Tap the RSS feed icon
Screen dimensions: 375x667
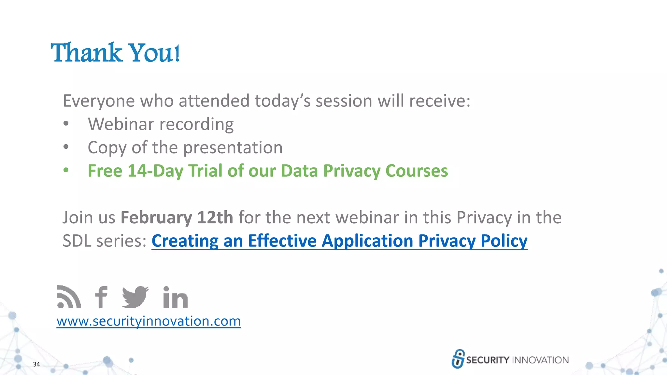click(x=68, y=297)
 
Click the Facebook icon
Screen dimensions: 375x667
click(x=101, y=297)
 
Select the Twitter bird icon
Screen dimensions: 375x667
click(x=135, y=297)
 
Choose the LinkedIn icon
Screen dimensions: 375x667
click(x=175, y=297)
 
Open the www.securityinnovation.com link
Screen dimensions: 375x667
click(x=149, y=321)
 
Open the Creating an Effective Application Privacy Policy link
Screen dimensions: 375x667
click(x=339, y=241)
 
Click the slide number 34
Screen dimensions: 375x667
click(x=36, y=364)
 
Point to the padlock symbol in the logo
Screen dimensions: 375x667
click(x=458, y=359)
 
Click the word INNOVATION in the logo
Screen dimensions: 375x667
click(x=540, y=360)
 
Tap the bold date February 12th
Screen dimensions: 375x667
click(x=177, y=217)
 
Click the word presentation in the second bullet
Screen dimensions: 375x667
click(x=233, y=148)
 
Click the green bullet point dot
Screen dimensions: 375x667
click(x=66, y=170)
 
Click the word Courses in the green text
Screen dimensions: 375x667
click(x=417, y=171)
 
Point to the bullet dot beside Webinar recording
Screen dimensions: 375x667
click(x=66, y=124)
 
